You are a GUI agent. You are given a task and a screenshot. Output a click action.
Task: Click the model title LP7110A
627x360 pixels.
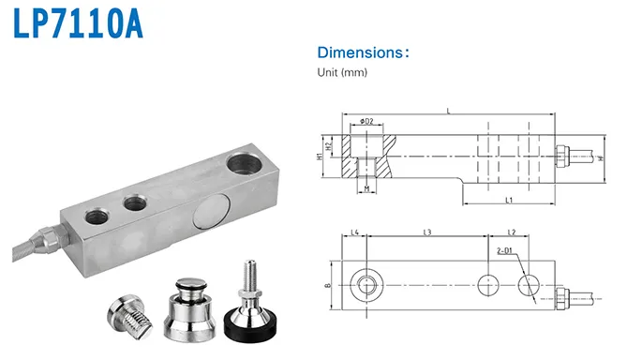coord(78,24)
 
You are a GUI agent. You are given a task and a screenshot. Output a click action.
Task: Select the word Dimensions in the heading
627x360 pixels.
coord(361,52)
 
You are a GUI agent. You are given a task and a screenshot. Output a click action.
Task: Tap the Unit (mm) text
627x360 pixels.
coord(342,72)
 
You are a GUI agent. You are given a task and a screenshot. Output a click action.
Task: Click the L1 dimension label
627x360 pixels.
coord(509,200)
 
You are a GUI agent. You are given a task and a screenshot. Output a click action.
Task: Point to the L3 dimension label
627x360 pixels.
coord(427,232)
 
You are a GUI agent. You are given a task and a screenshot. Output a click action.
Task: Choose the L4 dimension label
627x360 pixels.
coord(354,232)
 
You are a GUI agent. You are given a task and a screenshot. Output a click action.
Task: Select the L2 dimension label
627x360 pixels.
coord(512,232)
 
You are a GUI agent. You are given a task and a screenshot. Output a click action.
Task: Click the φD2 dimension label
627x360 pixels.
coord(366,121)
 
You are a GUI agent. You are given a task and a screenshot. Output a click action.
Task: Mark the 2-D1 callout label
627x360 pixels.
coord(504,251)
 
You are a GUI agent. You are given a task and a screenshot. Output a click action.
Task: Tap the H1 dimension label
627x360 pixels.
coord(319,157)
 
